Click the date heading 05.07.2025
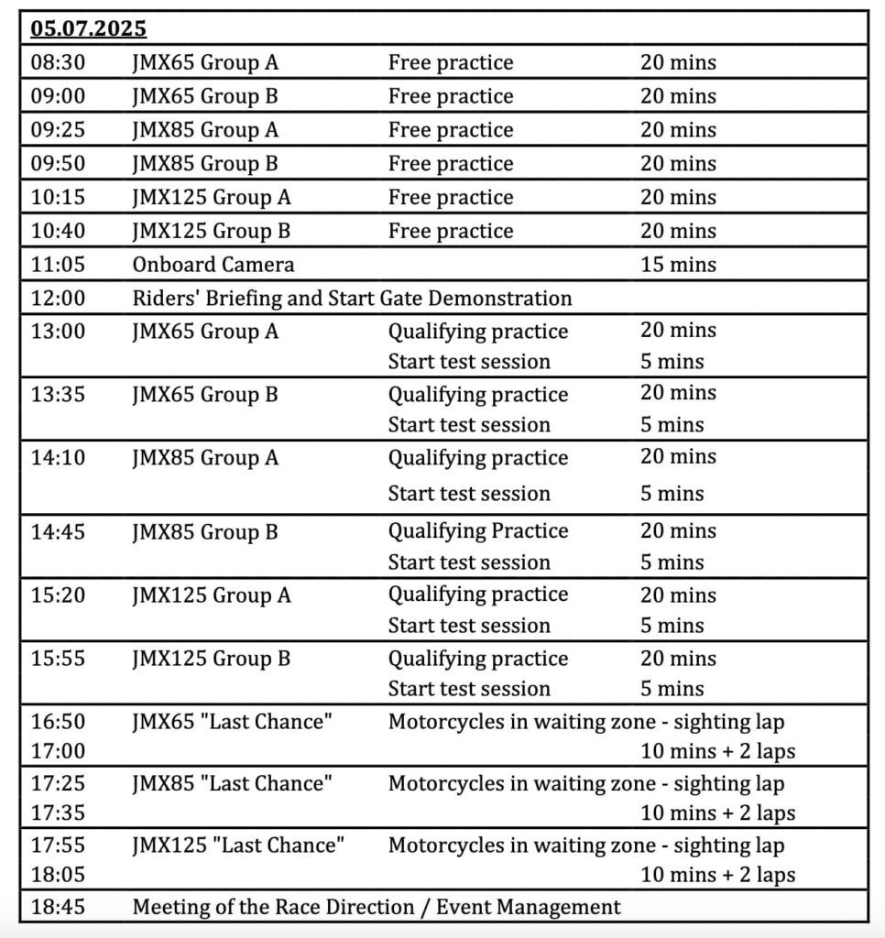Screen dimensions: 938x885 pyautogui.click(x=88, y=28)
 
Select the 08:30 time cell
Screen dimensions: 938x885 pyautogui.click(x=57, y=62)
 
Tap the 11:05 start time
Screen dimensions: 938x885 pyautogui.click(x=57, y=265)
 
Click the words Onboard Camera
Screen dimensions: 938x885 pyautogui.click(x=213, y=265)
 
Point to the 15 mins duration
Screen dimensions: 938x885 pyautogui.click(x=678, y=265)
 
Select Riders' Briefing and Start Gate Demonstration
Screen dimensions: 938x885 pyautogui.click(x=352, y=298)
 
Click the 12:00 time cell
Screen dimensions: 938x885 pyautogui.click(x=57, y=298)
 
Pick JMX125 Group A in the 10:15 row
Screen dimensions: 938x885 pyautogui.click(x=212, y=197)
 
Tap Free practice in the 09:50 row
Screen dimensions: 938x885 pyautogui.click(x=451, y=163)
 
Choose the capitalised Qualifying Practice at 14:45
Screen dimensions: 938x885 pyautogui.click(x=478, y=531)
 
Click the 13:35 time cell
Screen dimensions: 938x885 pyautogui.click(x=57, y=395)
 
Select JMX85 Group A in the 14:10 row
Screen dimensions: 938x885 pyautogui.click(x=205, y=457)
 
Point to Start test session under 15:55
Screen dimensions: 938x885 pyautogui.click(x=469, y=689)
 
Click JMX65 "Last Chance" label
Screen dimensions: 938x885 pyautogui.click(x=233, y=722)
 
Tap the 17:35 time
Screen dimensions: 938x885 pyautogui.click(x=57, y=813)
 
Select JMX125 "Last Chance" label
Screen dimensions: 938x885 pyautogui.click(x=238, y=845)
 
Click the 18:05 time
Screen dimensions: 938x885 pyautogui.click(x=57, y=875)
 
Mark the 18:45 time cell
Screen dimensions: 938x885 pyautogui.click(x=57, y=907)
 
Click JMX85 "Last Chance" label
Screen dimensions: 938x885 pyautogui.click(x=233, y=783)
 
